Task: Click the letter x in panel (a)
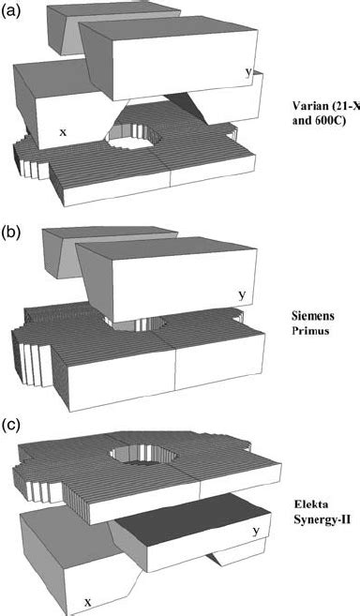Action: click(63, 132)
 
